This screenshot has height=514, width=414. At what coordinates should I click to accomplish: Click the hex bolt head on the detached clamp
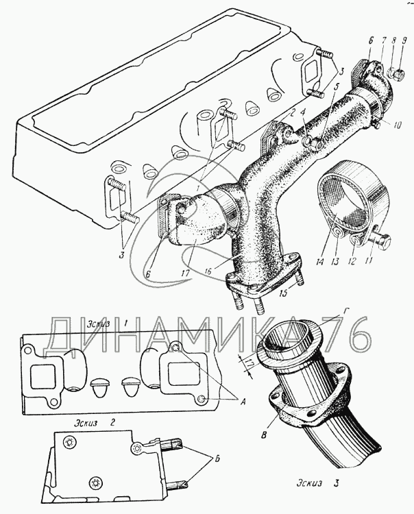(385, 242)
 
